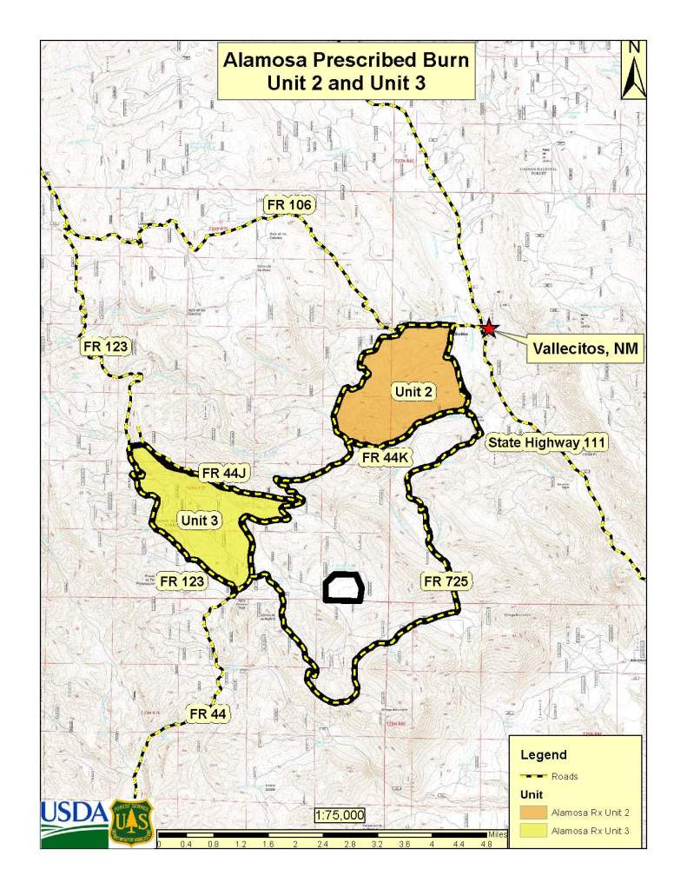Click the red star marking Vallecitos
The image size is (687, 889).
pos(490,328)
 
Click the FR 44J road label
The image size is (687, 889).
pos(225,473)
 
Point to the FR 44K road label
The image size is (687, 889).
pos(384,456)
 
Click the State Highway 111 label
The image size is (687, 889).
pos(546,443)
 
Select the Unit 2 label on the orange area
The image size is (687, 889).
pos(413,392)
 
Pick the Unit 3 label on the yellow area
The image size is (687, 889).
pos(199,520)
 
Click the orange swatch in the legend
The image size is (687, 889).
pos(532,813)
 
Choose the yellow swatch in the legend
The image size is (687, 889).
pos(532,831)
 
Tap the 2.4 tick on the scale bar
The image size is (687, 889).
pos(322,842)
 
